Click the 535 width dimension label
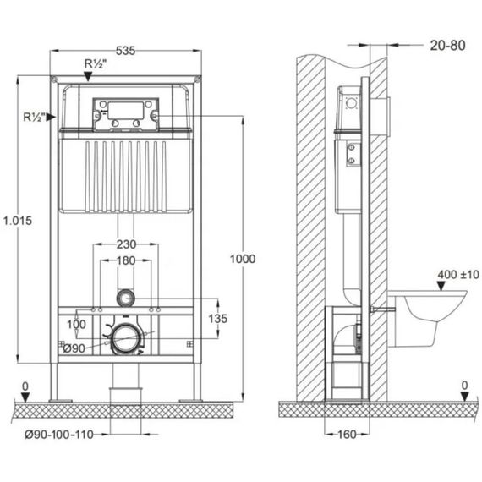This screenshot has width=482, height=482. [126, 51]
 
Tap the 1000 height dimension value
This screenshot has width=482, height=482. [244, 260]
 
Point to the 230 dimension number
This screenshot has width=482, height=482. [125, 244]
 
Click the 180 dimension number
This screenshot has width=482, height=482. [125, 261]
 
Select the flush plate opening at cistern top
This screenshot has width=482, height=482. [126, 112]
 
